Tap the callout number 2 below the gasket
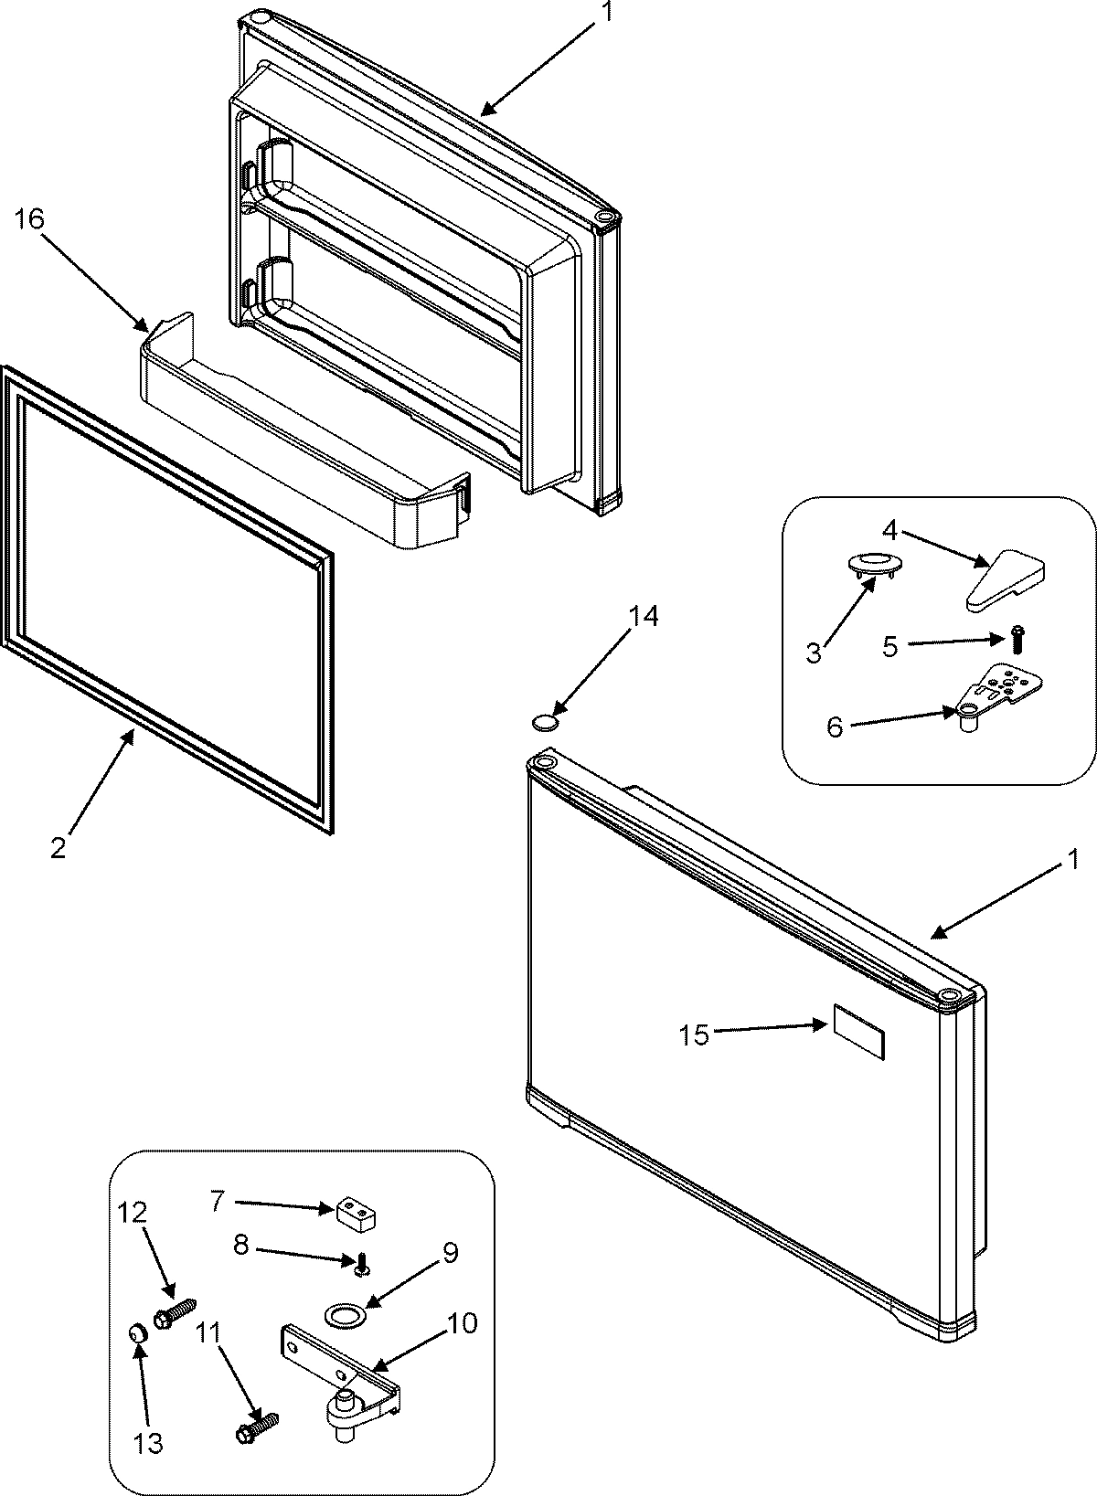[x=58, y=849]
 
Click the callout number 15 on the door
[x=694, y=1035]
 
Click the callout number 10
[x=463, y=1322]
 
